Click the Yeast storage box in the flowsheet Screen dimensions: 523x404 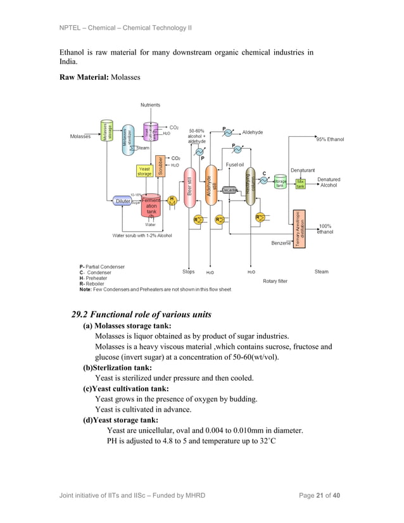(144, 172)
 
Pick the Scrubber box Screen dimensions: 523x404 (161, 166)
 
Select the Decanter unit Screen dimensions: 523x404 (229, 190)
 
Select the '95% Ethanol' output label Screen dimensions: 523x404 (330, 139)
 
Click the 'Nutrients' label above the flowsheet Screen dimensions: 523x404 (149, 104)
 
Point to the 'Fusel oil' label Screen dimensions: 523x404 (235, 165)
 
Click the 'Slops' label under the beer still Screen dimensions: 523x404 (188, 272)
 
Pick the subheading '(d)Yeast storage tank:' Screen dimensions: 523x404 (120, 419)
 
